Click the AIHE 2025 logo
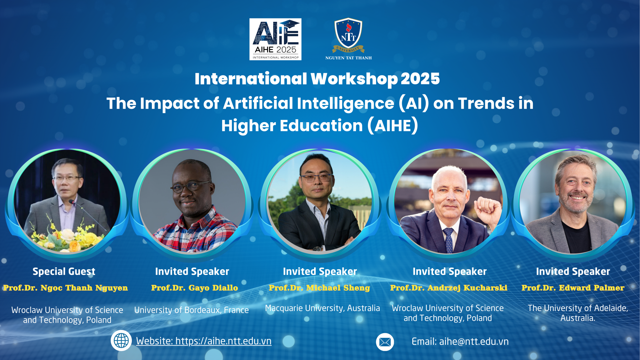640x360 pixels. [x=275, y=39]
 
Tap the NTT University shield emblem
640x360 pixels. [x=348, y=35]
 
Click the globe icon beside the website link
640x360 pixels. [x=121, y=341]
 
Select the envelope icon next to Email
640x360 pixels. [x=385, y=342]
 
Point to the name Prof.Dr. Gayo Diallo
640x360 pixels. [x=195, y=288]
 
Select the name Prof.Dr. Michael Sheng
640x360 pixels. [x=319, y=288]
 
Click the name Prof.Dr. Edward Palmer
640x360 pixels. [x=573, y=288]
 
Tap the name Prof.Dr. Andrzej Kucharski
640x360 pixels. [x=449, y=288]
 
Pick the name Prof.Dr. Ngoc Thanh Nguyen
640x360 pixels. [x=66, y=288]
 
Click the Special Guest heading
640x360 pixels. [x=64, y=272]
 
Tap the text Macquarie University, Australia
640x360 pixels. [x=322, y=308]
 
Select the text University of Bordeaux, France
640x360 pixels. [x=192, y=310]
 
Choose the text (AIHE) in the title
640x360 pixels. [x=393, y=126]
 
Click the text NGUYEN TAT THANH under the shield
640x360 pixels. [x=348, y=58]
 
